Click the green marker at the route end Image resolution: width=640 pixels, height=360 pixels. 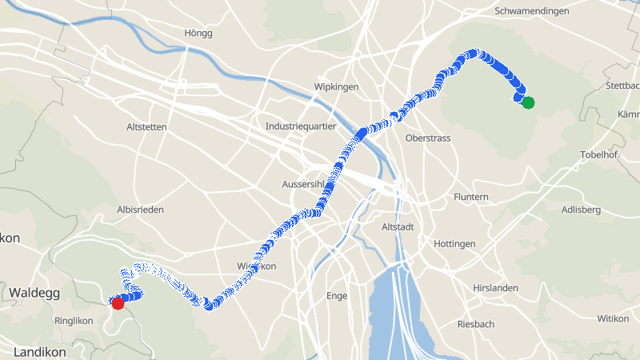[x=528, y=102]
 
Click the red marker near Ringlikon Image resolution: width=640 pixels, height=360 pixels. [x=118, y=303]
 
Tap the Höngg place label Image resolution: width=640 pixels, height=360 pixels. [x=198, y=33]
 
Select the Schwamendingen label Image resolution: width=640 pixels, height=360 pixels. [x=532, y=11]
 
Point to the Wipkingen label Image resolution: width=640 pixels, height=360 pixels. [x=337, y=86]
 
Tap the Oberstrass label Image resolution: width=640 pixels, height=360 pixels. [x=428, y=138]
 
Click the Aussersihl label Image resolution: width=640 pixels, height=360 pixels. [x=303, y=185]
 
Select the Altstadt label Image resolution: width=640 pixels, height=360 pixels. [x=398, y=227]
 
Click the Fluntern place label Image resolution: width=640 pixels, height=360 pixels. [x=470, y=197]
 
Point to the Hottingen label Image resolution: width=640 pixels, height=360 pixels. [x=454, y=243]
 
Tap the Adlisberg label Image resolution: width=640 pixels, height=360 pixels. [x=581, y=210]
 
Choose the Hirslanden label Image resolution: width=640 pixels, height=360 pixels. [x=495, y=288]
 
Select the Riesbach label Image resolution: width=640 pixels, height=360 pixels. [x=475, y=324]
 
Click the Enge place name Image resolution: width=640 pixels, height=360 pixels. [x=337, y=295]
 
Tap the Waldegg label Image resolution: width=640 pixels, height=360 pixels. [x=34, y=294]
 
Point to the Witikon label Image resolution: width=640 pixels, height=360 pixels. [x=613, y=318]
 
